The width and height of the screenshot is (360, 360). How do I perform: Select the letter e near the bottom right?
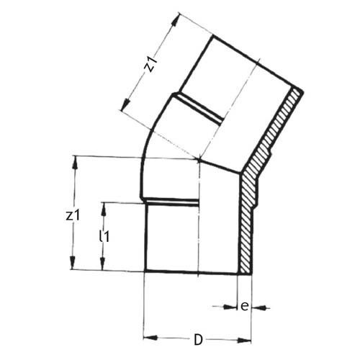point(245,306)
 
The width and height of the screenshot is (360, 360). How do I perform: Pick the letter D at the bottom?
point(197,338)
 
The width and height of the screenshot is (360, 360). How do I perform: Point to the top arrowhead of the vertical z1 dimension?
point(75,161)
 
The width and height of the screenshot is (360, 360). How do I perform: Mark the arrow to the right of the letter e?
point(260,307)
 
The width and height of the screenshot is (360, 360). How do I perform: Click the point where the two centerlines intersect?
point(199,158)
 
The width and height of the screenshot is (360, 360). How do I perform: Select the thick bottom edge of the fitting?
point(194,271)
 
